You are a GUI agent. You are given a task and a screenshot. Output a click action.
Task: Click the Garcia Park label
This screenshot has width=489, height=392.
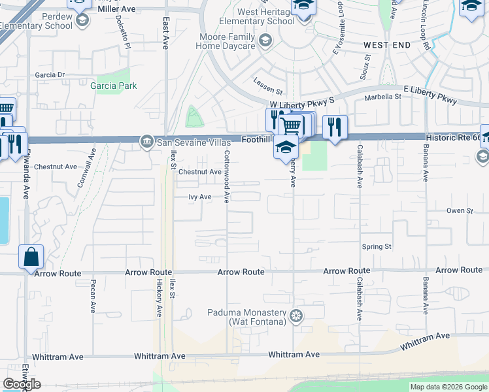114,86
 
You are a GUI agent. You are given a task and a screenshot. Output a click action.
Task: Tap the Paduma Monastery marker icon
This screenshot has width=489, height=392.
297,316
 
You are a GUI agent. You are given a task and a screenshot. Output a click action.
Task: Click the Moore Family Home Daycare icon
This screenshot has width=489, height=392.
265,42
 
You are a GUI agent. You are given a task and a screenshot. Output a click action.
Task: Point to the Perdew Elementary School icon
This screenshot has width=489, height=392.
82,21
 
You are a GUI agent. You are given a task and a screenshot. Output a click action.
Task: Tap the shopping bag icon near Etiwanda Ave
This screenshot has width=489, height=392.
31,257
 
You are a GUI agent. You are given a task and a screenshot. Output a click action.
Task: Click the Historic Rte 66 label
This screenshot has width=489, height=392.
453,137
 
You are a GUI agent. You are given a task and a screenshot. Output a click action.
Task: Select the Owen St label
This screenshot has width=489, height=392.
459,210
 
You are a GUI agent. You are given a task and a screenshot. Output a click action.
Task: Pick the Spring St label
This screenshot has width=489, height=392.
377,246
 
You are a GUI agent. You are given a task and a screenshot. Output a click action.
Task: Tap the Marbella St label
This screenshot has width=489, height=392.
384,96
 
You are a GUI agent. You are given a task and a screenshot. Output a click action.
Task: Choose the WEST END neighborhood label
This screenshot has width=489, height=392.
387,45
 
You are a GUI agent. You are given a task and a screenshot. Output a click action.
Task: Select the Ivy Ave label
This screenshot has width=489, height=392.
199,197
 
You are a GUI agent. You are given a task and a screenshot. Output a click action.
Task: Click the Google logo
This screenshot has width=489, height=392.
22,384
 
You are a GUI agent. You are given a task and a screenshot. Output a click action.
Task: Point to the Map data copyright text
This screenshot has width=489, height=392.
448,387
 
